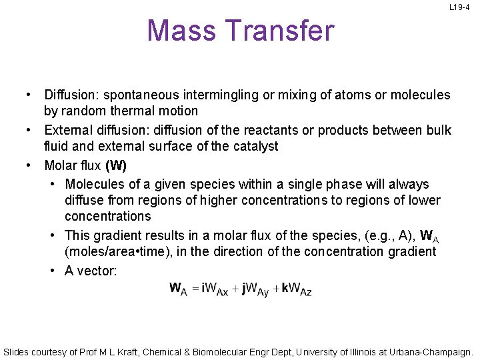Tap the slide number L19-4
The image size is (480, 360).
(459, 7)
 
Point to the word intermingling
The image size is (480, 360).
(223, 95)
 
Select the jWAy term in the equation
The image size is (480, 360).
(253, 289)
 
